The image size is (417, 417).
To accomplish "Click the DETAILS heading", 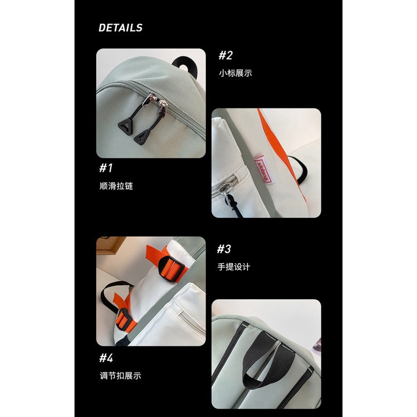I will click(x=120, y=28).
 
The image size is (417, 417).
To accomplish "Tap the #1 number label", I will click(x=106, y=168).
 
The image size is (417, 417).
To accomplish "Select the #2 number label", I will click(x=225, y=55).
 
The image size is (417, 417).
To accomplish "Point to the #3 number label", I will click(x=224, y=249).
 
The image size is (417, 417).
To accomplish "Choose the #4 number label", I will click(x=106, y=357).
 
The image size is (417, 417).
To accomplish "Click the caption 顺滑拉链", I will click(x=116, y=186).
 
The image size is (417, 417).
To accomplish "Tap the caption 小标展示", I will click(x=235, y=73).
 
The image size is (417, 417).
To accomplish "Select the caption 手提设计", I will click(x=234, y=266).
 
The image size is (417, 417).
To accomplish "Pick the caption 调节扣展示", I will click(x=120, y=375).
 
